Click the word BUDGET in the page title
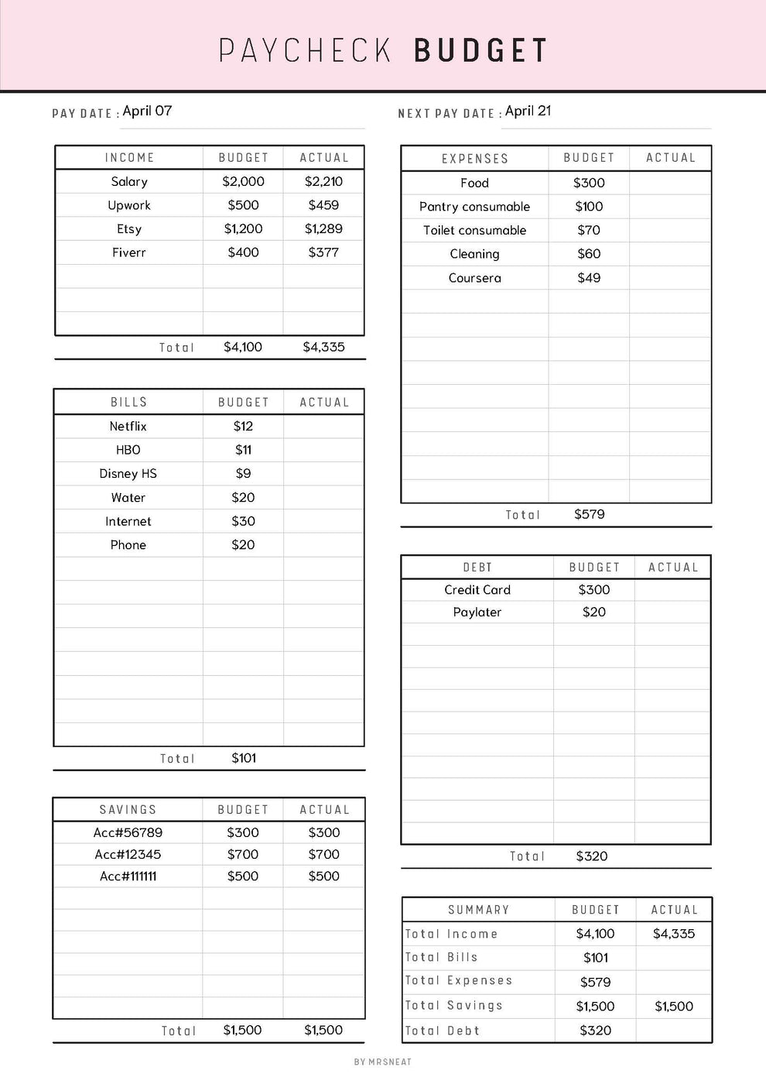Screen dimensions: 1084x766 point(480,50)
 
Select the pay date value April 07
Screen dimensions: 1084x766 point(147,111)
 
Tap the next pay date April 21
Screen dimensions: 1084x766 point(528,111)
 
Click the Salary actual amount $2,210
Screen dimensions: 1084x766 point(323,181)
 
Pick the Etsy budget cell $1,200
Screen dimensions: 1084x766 point(243,228)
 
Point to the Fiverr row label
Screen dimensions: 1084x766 point(128,252)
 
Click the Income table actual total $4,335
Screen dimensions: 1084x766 point(323,347)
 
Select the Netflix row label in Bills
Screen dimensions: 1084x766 point(128,426)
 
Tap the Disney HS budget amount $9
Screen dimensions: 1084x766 point(243,473)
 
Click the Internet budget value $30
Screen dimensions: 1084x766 point(243,521)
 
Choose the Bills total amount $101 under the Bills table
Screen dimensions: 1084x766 point(244,758)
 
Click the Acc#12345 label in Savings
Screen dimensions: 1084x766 point(128,854)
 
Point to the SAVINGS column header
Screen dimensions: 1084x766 point(128,809)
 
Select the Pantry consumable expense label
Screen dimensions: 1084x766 point(474,207)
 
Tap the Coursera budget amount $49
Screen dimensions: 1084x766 point(589,277)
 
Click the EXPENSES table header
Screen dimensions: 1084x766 point(474,158)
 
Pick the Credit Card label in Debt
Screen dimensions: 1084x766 point(477,589)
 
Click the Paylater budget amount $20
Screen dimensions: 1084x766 point(594,612)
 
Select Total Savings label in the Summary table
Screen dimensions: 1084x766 point(453,1005)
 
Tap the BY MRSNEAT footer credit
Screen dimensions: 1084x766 point(383,1062)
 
